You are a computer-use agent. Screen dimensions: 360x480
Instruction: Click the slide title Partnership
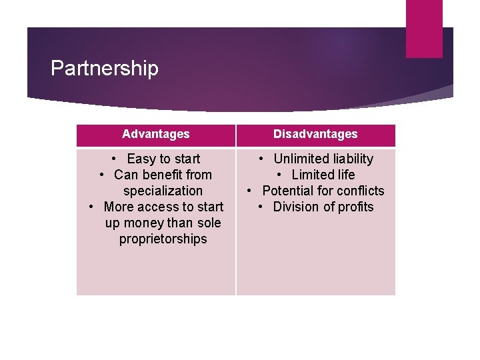coord(105,69)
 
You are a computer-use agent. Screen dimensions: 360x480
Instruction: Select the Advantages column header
coord(156,134)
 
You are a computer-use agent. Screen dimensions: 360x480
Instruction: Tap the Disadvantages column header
coord(315,134)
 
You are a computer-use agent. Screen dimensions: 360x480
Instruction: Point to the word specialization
coord(163,191)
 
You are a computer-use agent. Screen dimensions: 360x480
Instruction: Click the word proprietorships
coord(163,239)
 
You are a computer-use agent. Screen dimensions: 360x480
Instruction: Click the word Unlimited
coord(301,159)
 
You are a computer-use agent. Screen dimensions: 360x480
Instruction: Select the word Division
coord(296,207)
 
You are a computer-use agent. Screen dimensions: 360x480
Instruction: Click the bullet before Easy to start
coord(115,159)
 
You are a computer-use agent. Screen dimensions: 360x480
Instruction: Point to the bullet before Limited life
coord(280,175)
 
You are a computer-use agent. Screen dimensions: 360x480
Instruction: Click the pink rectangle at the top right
coord(424,28)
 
